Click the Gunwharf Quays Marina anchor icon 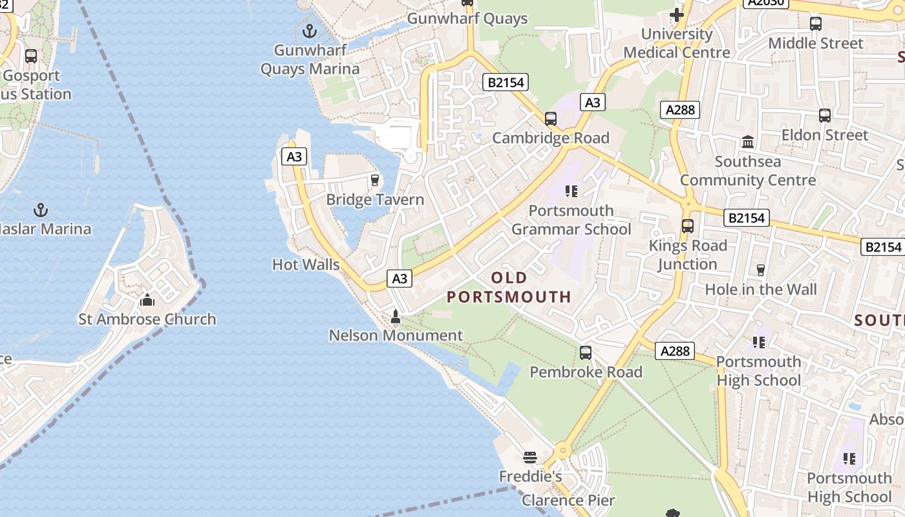coord(310,30)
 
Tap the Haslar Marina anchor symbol coord(41,209)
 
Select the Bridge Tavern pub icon coord(374,180)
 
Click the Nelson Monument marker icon coord(396,317)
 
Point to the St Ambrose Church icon coord(147,300)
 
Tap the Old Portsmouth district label coord(509,288)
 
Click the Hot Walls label coord(306,264)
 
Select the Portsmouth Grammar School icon coord(571,191)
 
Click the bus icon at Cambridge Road coord(551,119)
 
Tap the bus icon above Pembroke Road coord(586,353)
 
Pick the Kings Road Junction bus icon coord(688,226)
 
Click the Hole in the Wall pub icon coord(761,270)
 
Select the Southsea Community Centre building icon coord(748,142)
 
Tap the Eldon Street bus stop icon coord(825,116)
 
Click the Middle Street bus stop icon coord(816,24)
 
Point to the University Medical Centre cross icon coord(677,14)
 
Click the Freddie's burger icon coord(530,458)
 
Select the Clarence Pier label coord(568,500)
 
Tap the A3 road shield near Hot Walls coord(399,279)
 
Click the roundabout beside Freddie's coord(562,450)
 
